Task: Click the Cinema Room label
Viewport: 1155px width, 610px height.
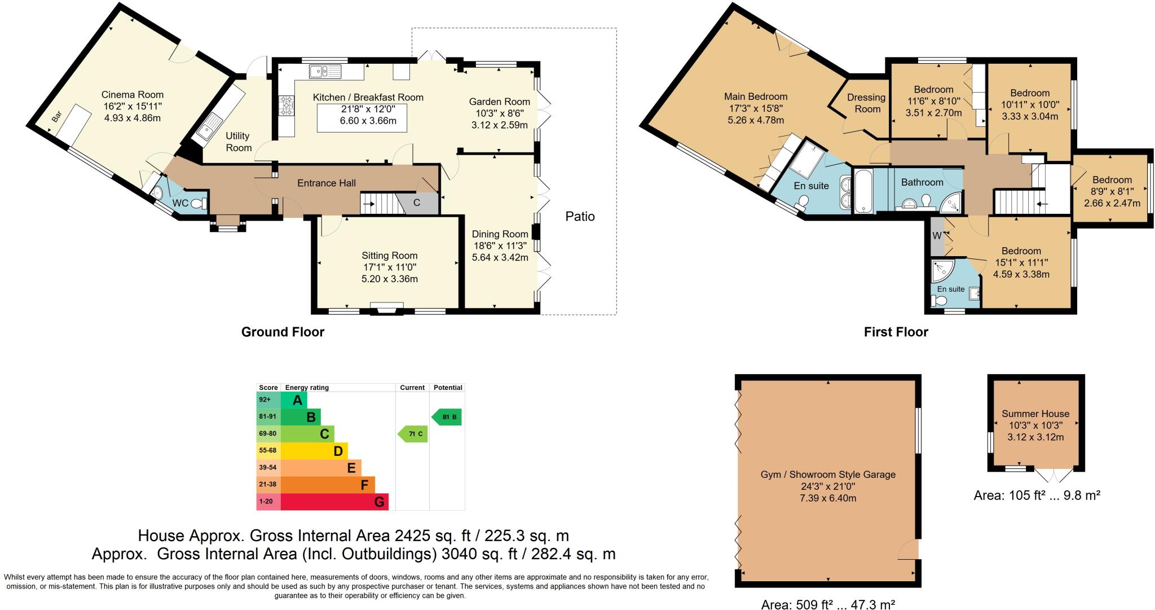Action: [x=132, y=95]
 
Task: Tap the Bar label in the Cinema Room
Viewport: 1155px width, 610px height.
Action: [x=56, y=117]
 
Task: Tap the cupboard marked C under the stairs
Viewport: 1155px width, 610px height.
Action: [x=417, y=203]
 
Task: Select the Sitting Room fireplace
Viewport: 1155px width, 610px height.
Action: [x=387, y=308]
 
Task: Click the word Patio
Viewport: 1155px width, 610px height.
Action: [x=580, y=216]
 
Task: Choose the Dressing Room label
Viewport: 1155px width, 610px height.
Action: [x=867, y=103]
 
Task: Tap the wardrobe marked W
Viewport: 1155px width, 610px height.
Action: [x=936, y=236]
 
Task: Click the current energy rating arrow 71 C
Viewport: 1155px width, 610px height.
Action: [x=413, y=434]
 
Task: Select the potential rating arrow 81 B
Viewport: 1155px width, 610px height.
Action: [x=447, y=418]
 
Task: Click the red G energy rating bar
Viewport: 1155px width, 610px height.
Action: [x=334, y=502]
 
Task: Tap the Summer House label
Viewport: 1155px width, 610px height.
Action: [x=1035, y=414]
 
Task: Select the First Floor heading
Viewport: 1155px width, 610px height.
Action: [x=896, y=332]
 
